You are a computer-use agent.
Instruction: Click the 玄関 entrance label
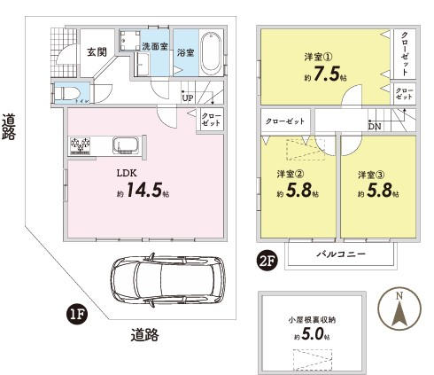click(97, 52)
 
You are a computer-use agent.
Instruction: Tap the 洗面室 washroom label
click(153, 45)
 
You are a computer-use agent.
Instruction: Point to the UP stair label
click(188, 97)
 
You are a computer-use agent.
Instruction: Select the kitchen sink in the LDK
click(125, 145)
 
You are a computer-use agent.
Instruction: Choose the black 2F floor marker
click(266, 260)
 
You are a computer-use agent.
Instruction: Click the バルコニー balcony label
click(340, 254)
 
